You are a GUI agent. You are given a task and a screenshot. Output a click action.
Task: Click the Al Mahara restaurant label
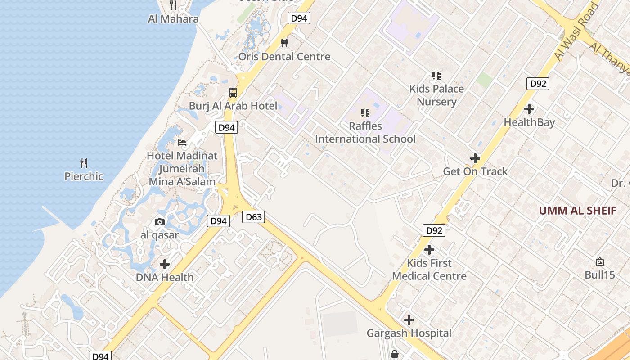[x=173, y=19]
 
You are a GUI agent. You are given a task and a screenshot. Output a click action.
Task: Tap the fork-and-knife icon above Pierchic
[x=84, y=163]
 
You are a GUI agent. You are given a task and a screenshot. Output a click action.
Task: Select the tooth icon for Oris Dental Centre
[x=284, y=43]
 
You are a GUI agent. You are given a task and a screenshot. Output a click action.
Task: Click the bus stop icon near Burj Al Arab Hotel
[x=233, y=93]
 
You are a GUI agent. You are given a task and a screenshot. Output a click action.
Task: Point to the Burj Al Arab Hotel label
[x=233, y=106]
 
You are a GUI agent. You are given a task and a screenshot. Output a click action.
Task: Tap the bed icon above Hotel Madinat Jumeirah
[x=182, y=143]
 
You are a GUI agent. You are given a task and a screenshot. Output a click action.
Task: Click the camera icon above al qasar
[x=159, y=222]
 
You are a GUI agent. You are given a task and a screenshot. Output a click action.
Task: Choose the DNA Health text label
[x=165, y=277]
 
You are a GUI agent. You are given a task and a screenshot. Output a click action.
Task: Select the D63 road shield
[x=253, y=217]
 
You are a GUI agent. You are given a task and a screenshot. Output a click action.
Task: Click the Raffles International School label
[x=365, y=132]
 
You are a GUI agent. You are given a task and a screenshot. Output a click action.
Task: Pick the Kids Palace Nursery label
[x=436, y=95]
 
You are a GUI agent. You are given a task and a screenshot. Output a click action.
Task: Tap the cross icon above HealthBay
[x=529, y=109]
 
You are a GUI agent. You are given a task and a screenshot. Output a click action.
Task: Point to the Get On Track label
[x=475, y=171]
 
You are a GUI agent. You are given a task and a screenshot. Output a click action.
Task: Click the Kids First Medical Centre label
[x=429, y=269]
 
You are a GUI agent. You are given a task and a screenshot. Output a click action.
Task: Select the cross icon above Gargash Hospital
[x=409, y=320]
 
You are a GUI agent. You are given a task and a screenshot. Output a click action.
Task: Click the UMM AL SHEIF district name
[x=577, y=211]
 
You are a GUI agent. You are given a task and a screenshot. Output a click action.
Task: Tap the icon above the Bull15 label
[x=599, y=261]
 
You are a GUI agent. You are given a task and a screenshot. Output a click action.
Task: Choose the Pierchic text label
[x=84, y=176]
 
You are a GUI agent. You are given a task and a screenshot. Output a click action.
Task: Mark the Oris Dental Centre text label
[x=284, y=57]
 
